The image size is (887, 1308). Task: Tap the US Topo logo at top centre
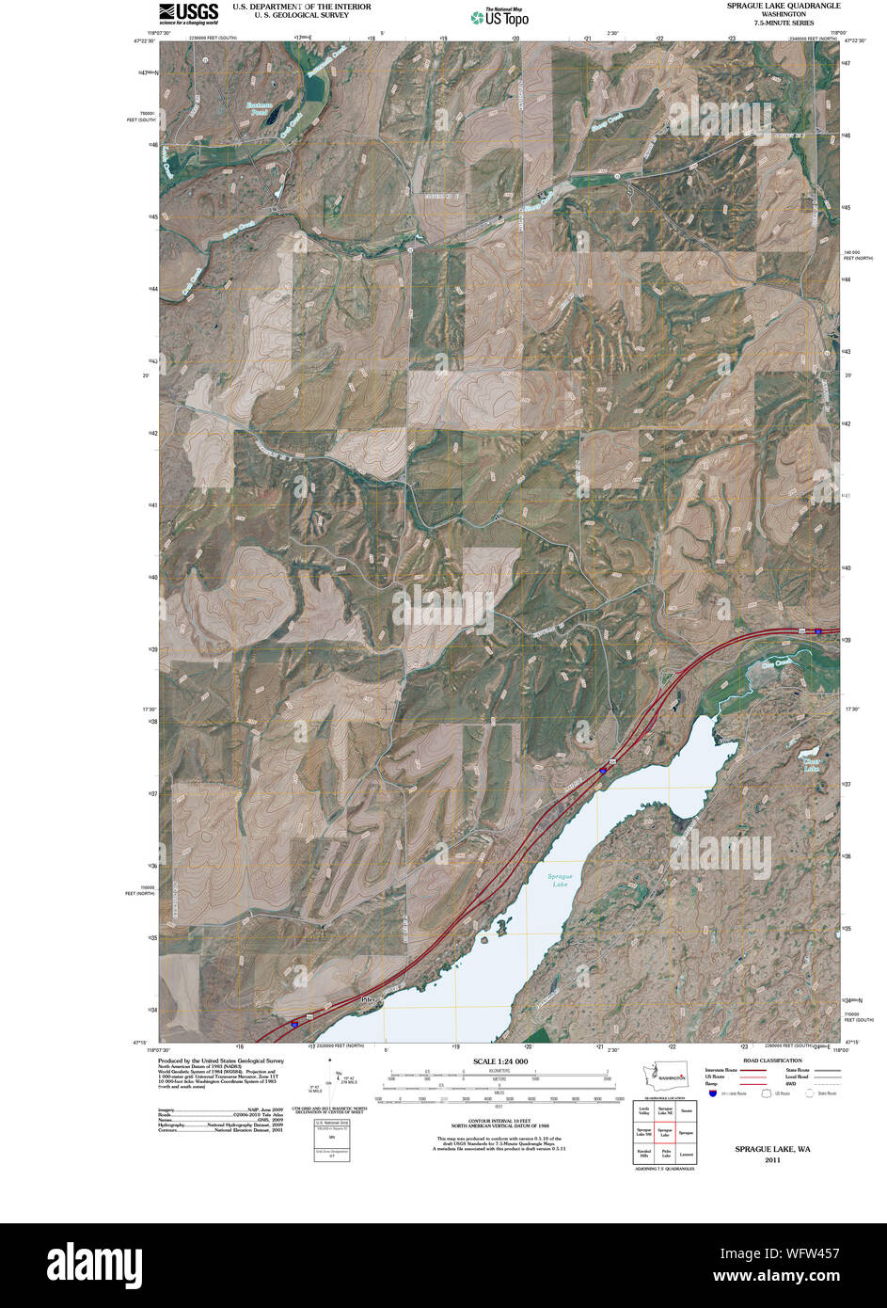pos(499,16)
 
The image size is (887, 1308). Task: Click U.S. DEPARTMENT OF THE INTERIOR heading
pos(289,7)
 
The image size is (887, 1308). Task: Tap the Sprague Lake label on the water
pos(561,881)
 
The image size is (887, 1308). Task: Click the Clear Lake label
pos(812,765)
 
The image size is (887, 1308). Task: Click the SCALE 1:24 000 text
pos(499,1061)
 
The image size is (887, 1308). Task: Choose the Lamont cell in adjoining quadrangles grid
pos(687,1154)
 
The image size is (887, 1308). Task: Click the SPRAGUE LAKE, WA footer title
pos(772,1149)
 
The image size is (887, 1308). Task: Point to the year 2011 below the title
pos(772,1160)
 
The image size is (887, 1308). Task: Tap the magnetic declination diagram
pos(330,1083)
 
